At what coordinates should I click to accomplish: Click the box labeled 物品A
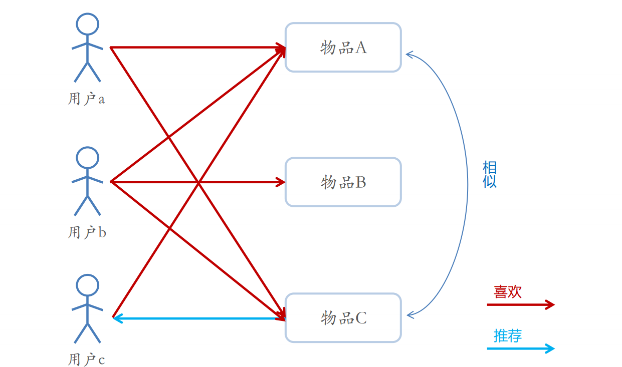tap(343, 48)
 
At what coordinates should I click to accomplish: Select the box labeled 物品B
tap(343, 182)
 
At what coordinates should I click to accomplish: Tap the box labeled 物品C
tap(343, 318)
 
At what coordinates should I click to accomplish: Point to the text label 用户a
tap(86, 99)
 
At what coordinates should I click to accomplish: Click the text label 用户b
tap(87, 233)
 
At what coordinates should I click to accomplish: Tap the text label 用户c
tap(86, 359)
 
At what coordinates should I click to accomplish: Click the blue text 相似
tap(489, 174)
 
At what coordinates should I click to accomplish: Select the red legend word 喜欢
tap(507, 292)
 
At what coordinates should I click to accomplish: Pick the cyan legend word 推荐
tap(507, 335)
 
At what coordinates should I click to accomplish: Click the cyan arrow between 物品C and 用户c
tap(200, 317)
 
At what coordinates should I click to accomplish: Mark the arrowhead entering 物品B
tap(281, 182)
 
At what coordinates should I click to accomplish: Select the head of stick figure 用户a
tap(87, 24)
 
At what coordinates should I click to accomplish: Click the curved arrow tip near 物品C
tap(409, 314)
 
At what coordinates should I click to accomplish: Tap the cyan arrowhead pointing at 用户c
tap(116, 317)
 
